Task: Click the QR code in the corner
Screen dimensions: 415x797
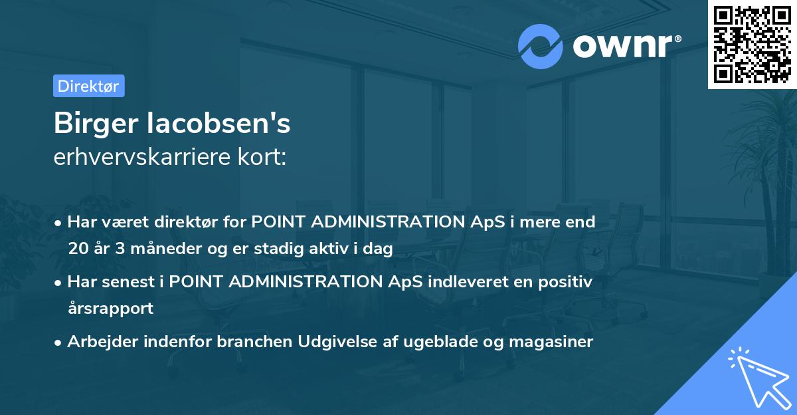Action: tap(752, 45)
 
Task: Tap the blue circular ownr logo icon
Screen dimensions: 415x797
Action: tap(540, 46)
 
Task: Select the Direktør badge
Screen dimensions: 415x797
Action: tap(88, 86)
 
